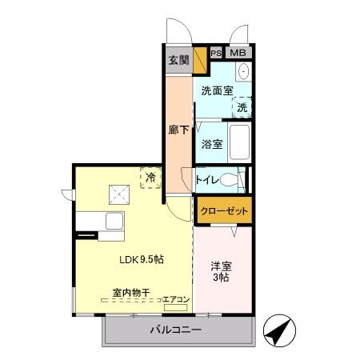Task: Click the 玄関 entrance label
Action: tap(178, 60)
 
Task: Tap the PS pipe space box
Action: tap(216, 53)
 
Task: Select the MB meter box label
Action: tap(238, 53)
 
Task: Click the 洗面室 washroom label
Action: tap(215, 90)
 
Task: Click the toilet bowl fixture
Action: tap(234, 179)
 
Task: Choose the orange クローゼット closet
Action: tap(224, 210)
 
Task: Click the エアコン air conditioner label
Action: tap(176, 300)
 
